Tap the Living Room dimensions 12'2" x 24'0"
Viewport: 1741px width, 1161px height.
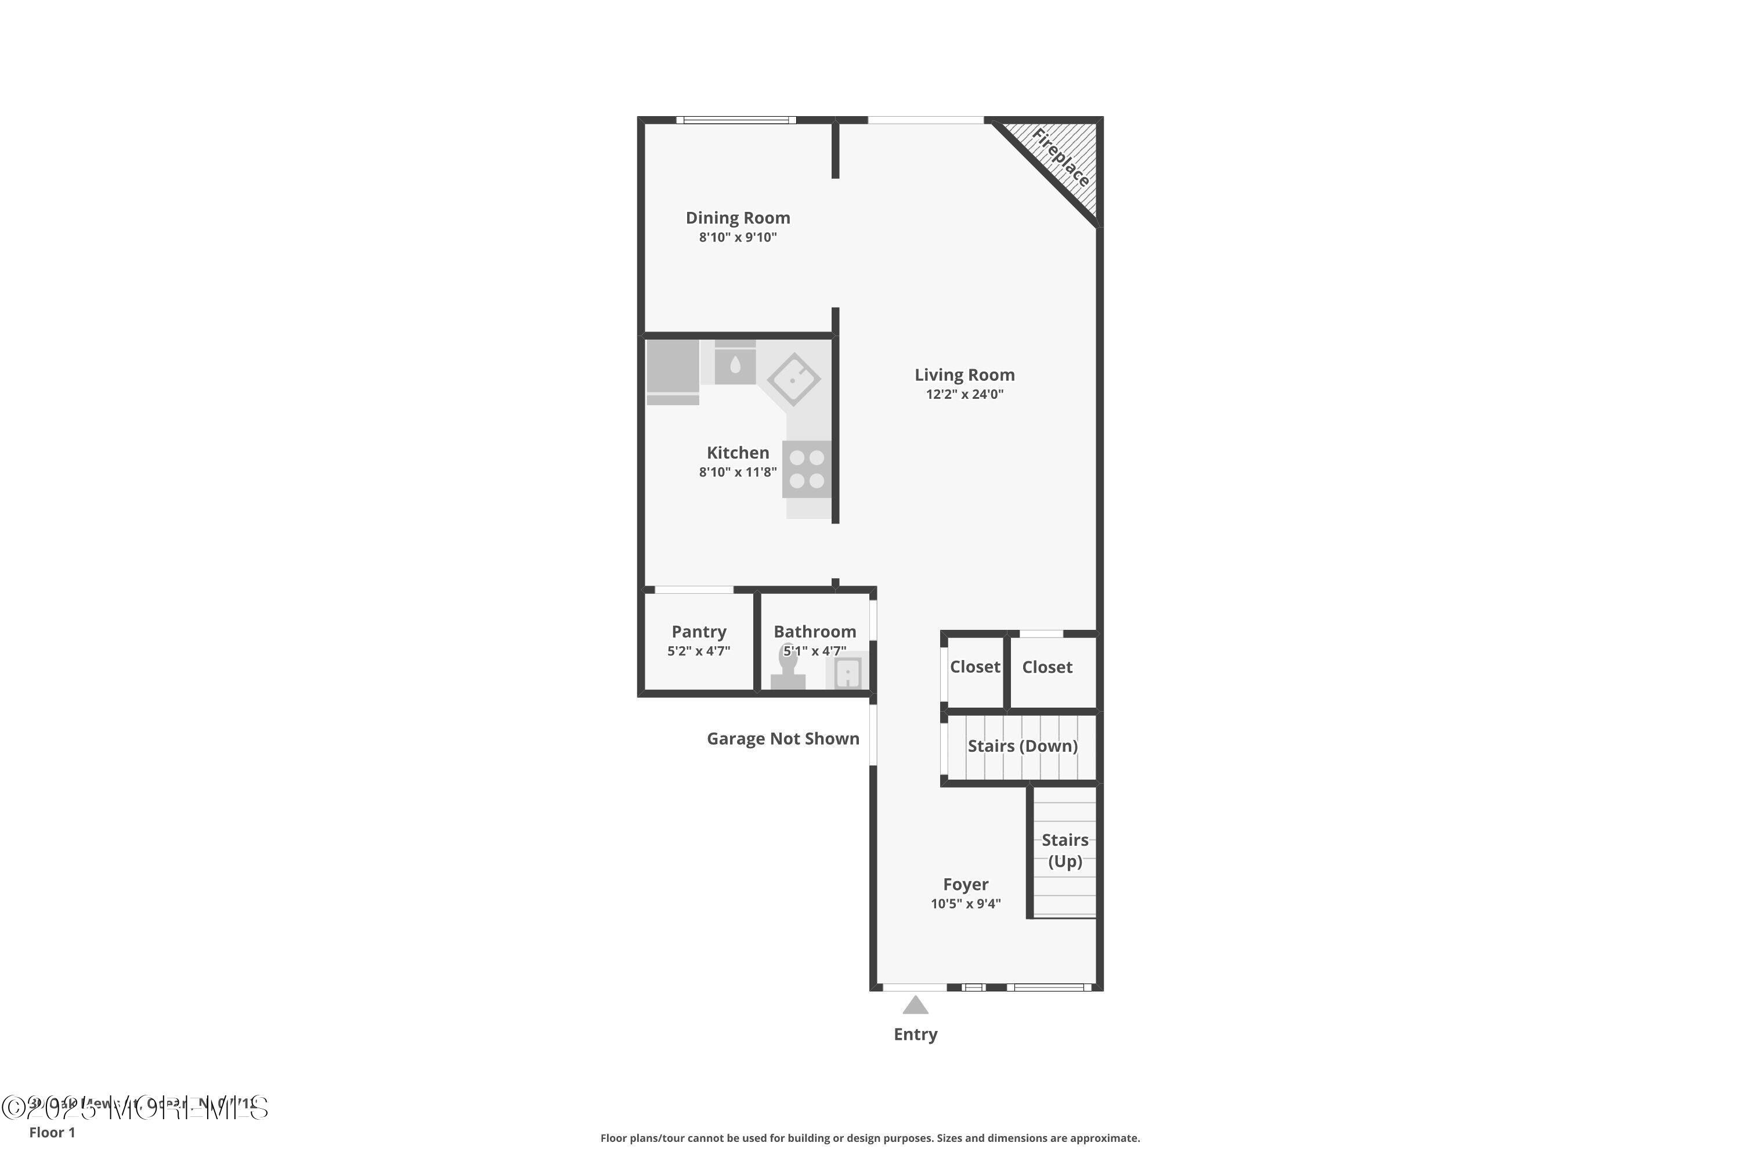click(x=964, y=395)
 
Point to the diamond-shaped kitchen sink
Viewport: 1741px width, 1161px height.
click(x=793, y=379)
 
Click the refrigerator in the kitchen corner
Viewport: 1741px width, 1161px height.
click(x=672, y=370)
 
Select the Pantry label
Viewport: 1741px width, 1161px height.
click(x=699, y=632)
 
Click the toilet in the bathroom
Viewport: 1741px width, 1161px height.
click(x=788, y=672)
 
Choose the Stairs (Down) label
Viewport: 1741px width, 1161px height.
click(x=1022, y=745)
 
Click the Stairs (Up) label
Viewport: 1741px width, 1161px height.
click(x=1064, y=850)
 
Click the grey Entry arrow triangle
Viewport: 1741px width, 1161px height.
click(x=916, y=1005)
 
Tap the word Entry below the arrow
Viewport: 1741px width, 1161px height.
click(x=916, y=1034)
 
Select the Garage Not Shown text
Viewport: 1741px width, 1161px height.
click(x=782, y=738)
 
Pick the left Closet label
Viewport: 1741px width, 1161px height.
click(x=975, y=667)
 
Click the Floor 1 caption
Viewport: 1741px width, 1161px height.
click(x=52, y=1132)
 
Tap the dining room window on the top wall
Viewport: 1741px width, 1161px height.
click(x=736, y=120)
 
